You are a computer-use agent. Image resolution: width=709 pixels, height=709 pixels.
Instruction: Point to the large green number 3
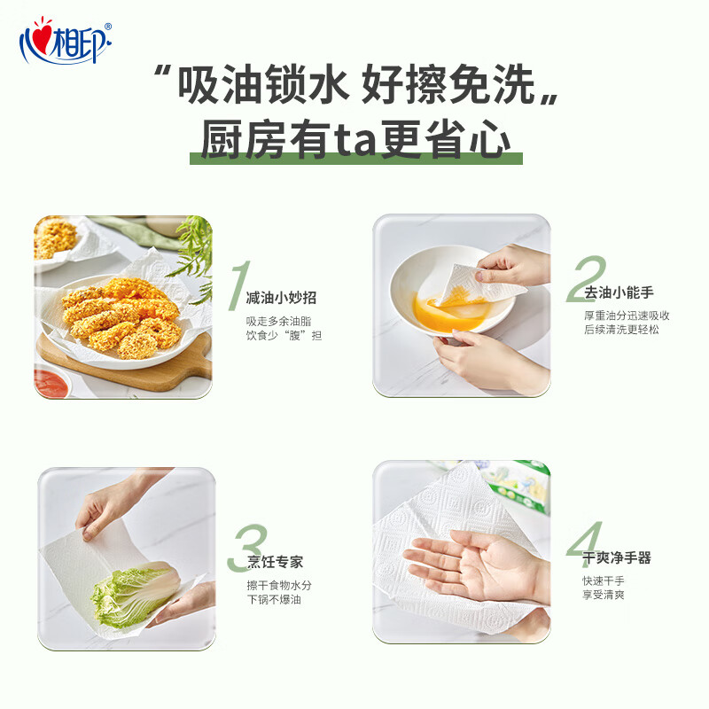pos(247,549)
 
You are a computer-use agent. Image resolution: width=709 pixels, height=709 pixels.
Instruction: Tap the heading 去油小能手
pos(618,292)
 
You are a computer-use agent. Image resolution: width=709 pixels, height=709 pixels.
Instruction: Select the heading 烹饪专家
pos(276,562)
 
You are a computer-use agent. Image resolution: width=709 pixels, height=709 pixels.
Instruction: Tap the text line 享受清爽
pos(603,594)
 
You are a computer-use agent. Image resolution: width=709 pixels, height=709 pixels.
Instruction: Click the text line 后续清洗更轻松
pos(620,330)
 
